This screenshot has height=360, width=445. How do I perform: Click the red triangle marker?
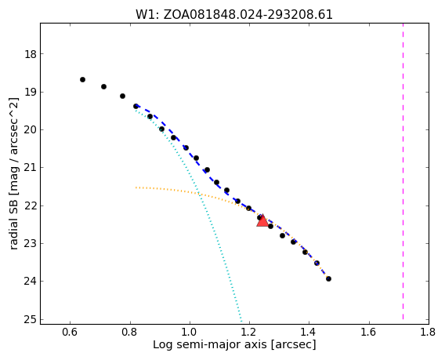262,220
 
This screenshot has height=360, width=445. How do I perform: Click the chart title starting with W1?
234,14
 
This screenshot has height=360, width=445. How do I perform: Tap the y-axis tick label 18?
31,54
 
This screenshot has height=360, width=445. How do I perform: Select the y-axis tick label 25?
31,320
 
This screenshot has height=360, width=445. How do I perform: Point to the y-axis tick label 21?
31,168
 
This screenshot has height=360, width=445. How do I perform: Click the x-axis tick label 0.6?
70,332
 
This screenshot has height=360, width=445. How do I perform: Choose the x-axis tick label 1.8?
428,332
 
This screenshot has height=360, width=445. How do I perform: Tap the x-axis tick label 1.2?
249,332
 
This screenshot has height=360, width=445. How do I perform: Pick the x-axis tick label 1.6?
369,332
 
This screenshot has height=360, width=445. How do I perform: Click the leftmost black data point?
82,79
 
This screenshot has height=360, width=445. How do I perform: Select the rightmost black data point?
328,279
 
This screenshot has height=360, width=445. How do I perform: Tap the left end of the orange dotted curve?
136,187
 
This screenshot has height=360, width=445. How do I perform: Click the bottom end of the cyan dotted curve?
241,322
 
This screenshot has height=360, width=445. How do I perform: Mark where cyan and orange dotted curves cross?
199,194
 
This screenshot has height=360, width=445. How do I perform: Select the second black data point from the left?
104,86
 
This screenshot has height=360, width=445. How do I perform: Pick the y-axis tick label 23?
31,243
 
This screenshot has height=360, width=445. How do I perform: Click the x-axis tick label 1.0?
190,332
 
